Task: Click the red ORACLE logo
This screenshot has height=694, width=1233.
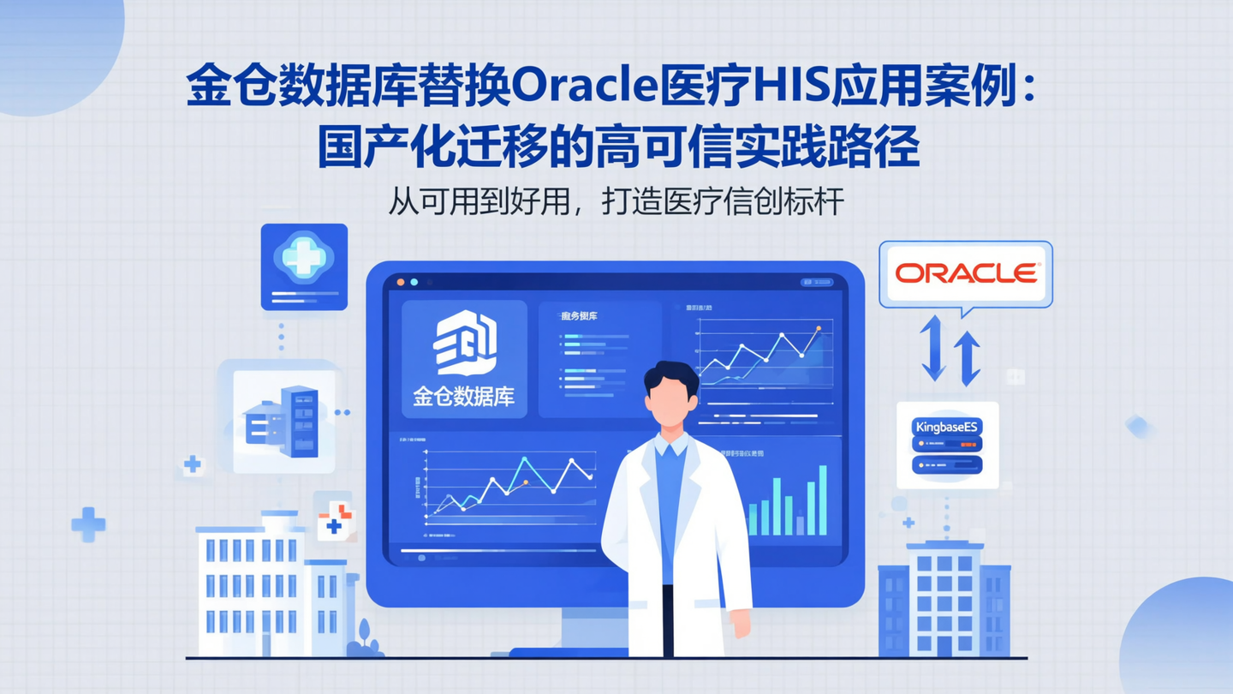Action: point(966,273)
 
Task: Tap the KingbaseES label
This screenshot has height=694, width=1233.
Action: point(948,426)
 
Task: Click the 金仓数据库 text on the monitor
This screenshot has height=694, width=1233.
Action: point(463,397)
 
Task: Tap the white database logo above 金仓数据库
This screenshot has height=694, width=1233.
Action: point(464,342)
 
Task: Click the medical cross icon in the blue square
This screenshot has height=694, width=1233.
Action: point(303,255)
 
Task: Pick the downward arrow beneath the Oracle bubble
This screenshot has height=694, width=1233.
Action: point(932,348)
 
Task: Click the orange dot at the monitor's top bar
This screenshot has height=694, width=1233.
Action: point(400,282)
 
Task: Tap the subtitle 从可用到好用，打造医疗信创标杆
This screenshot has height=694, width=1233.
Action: point(616,202)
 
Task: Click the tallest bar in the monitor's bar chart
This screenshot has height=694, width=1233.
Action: point(823,500)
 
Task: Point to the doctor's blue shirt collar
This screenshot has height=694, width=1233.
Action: point(670,446)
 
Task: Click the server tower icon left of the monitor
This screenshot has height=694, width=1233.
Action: point(299,421)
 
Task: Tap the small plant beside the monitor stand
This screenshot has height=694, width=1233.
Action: point(366,638)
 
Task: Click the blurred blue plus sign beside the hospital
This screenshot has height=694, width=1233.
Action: point(87,523)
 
